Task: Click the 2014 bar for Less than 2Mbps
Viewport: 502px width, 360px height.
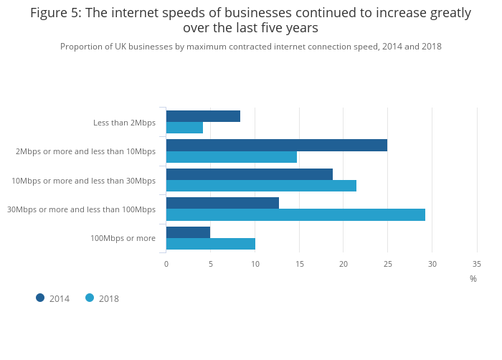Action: [x=203, y=116]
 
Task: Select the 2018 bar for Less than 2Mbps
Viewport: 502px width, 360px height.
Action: [x=184, y=128]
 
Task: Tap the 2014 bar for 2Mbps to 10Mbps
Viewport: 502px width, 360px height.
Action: [x=276, y=146]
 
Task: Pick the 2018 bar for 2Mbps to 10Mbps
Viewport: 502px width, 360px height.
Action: [x=231, y=157]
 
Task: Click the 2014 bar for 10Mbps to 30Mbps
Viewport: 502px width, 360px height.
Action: [x=249, y=174]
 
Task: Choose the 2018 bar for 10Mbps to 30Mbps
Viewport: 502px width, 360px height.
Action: [x=261, y=186]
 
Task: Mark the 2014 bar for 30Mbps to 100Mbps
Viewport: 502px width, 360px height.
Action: [x=222, y=203]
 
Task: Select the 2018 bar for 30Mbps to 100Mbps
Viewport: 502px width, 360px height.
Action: [x=295, y=214]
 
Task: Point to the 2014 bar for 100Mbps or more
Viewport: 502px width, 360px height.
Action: [x=188, y=232]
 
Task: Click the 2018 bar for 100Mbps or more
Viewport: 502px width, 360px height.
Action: [x=210, y=244]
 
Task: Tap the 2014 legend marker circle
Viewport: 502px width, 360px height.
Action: [x=40, y=298]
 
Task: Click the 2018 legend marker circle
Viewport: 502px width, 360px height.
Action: [x=90, y=298]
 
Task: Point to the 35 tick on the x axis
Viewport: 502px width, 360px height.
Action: [x=477, y=264]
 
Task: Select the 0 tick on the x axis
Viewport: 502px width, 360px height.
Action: [x=166, y=264]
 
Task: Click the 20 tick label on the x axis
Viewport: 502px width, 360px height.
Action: [x=344, y=264]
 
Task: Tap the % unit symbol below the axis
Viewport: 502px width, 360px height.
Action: [x=473, y=279]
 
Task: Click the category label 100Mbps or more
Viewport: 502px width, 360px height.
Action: [x=123, y=238]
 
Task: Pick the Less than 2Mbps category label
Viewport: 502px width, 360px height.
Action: [x=124, y=123]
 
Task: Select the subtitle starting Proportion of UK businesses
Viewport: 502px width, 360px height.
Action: [x=250, y=47]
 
